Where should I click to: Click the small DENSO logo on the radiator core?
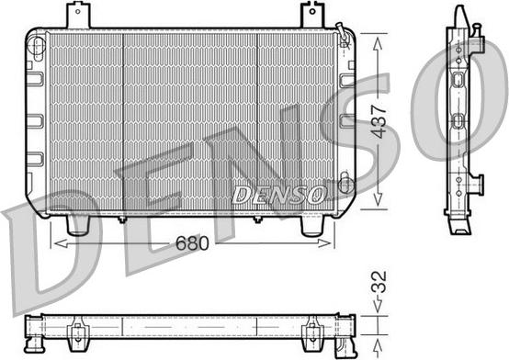pyautogui.click(x=278, y=194)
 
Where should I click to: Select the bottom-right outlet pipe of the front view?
pyautogui.click(x=314, y=225)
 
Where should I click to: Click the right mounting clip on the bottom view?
pyautogui.click(x=312, y=327)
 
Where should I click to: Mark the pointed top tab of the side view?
pyautogui.click(x=457, y=13)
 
